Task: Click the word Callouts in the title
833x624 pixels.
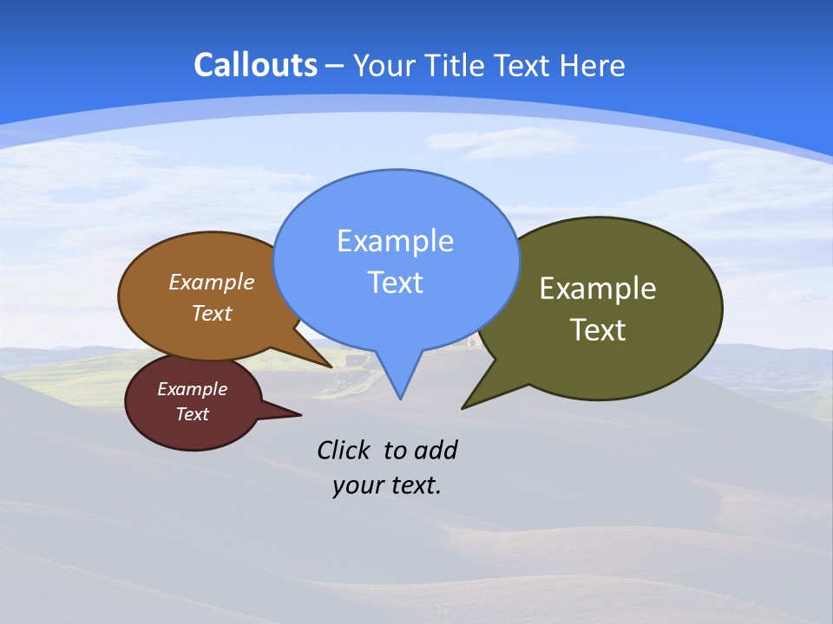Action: (255, 65)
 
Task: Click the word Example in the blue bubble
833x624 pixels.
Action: (395, 241)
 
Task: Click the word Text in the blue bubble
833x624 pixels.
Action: (395, 283)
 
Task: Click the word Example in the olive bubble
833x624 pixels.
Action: (598, 289)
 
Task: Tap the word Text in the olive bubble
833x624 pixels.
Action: (598, 330)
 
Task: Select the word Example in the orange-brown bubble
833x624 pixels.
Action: (212, 283)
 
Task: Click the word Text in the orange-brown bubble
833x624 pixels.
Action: (212, 313)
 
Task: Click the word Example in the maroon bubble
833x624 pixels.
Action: (192, 389)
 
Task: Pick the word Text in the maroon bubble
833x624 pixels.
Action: (192, 414)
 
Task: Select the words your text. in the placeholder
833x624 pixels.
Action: (387, 485)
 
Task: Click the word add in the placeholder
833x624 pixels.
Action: (436, 450)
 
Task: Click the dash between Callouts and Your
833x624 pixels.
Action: (335, 66)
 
